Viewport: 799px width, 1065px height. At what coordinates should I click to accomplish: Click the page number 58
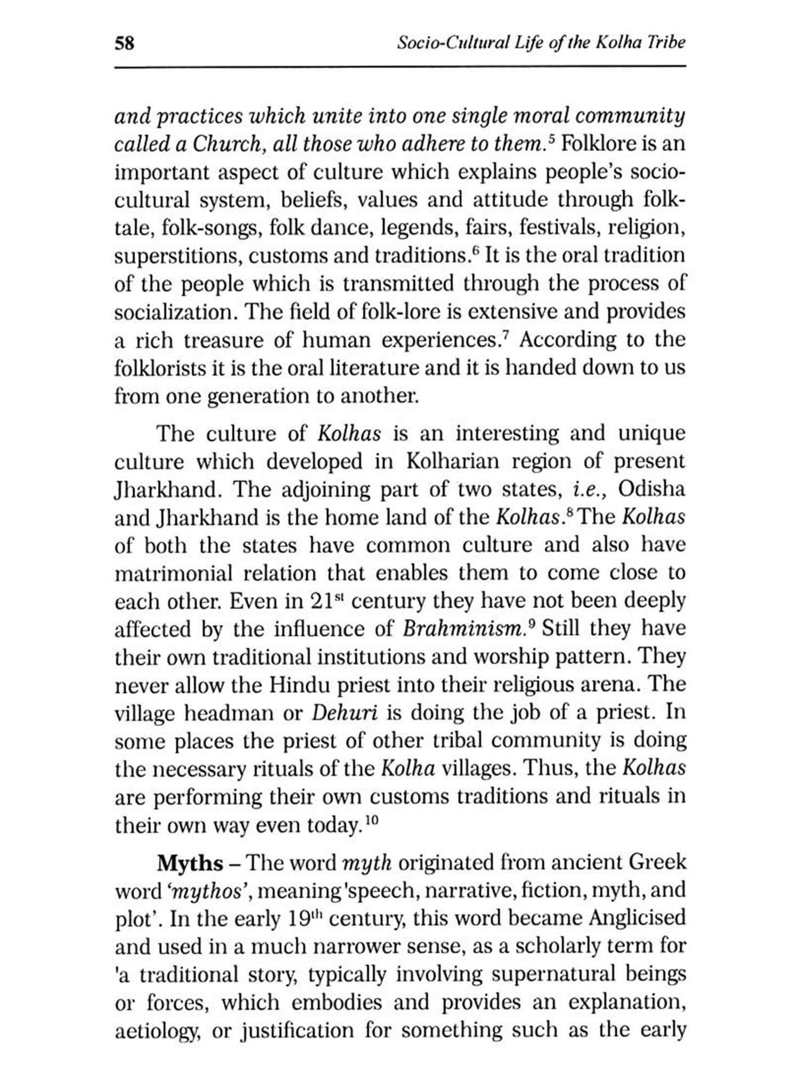click(x=125, y=43)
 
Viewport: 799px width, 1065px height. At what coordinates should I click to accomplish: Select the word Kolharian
click(x=453, y=461)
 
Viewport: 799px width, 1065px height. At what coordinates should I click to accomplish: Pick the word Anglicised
click(x=637, y=919)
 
